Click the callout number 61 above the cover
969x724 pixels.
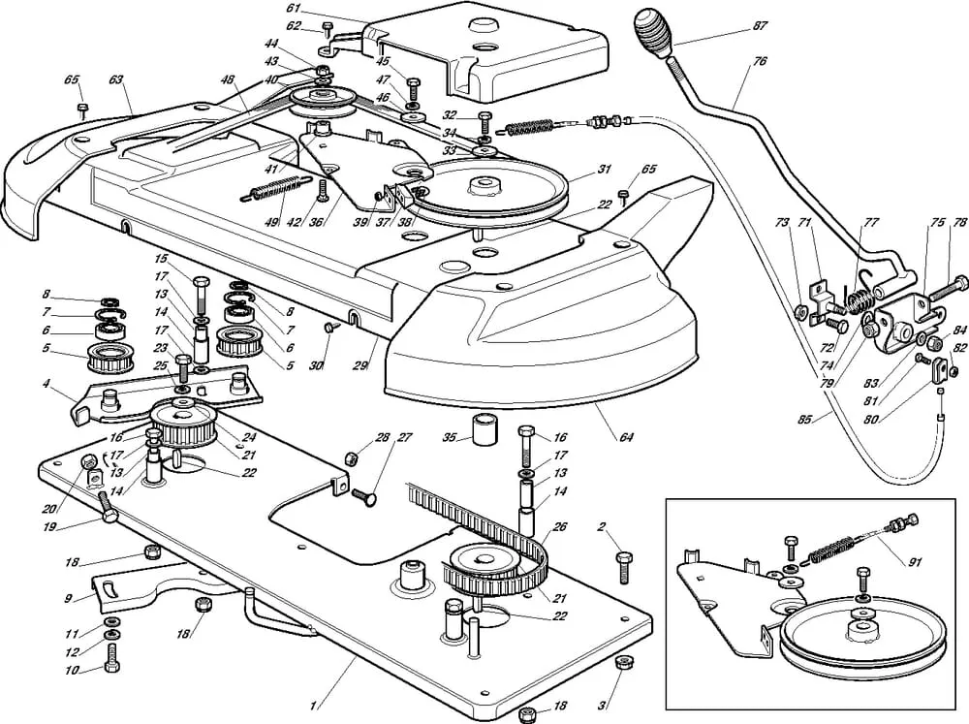294,8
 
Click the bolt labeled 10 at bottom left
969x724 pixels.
111,668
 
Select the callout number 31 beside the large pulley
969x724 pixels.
605,170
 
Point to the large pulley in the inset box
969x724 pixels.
848,644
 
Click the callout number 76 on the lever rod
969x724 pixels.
759,62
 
